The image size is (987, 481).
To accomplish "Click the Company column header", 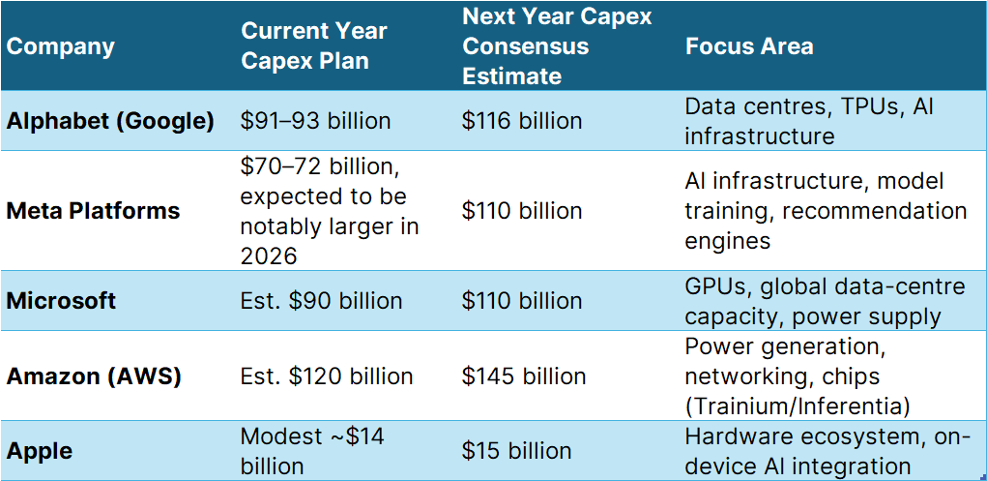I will click(x=61, y=46).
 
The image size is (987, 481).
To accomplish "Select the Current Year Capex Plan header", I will click(x=313, y=45).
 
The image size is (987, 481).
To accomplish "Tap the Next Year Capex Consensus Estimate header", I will click(x=557, y=45).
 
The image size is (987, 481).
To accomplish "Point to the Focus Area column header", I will click(x=748, y=46).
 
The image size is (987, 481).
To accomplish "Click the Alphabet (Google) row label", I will click(x=110, y=121).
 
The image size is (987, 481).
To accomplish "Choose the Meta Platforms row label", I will click(x=93, y=211).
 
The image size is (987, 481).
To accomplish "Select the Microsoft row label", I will click(x=61, y=301).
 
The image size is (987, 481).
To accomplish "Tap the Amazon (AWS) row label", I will click(x=94, y=376).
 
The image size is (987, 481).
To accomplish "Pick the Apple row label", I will click(x=40, y=451).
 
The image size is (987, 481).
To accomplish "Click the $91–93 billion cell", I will click(x=315, y=121).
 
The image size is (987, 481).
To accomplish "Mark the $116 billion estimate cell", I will click(x=522, y=121).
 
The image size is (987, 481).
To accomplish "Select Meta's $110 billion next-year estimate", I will click(x=522, y=211).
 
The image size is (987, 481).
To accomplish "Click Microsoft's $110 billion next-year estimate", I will click(x=522, y=301).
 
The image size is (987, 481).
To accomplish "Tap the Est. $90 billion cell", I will click(x=321, y=301).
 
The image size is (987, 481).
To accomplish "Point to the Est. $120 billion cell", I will click(x=327, y=376).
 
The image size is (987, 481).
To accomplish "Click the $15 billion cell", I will click(x=516, y=451).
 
